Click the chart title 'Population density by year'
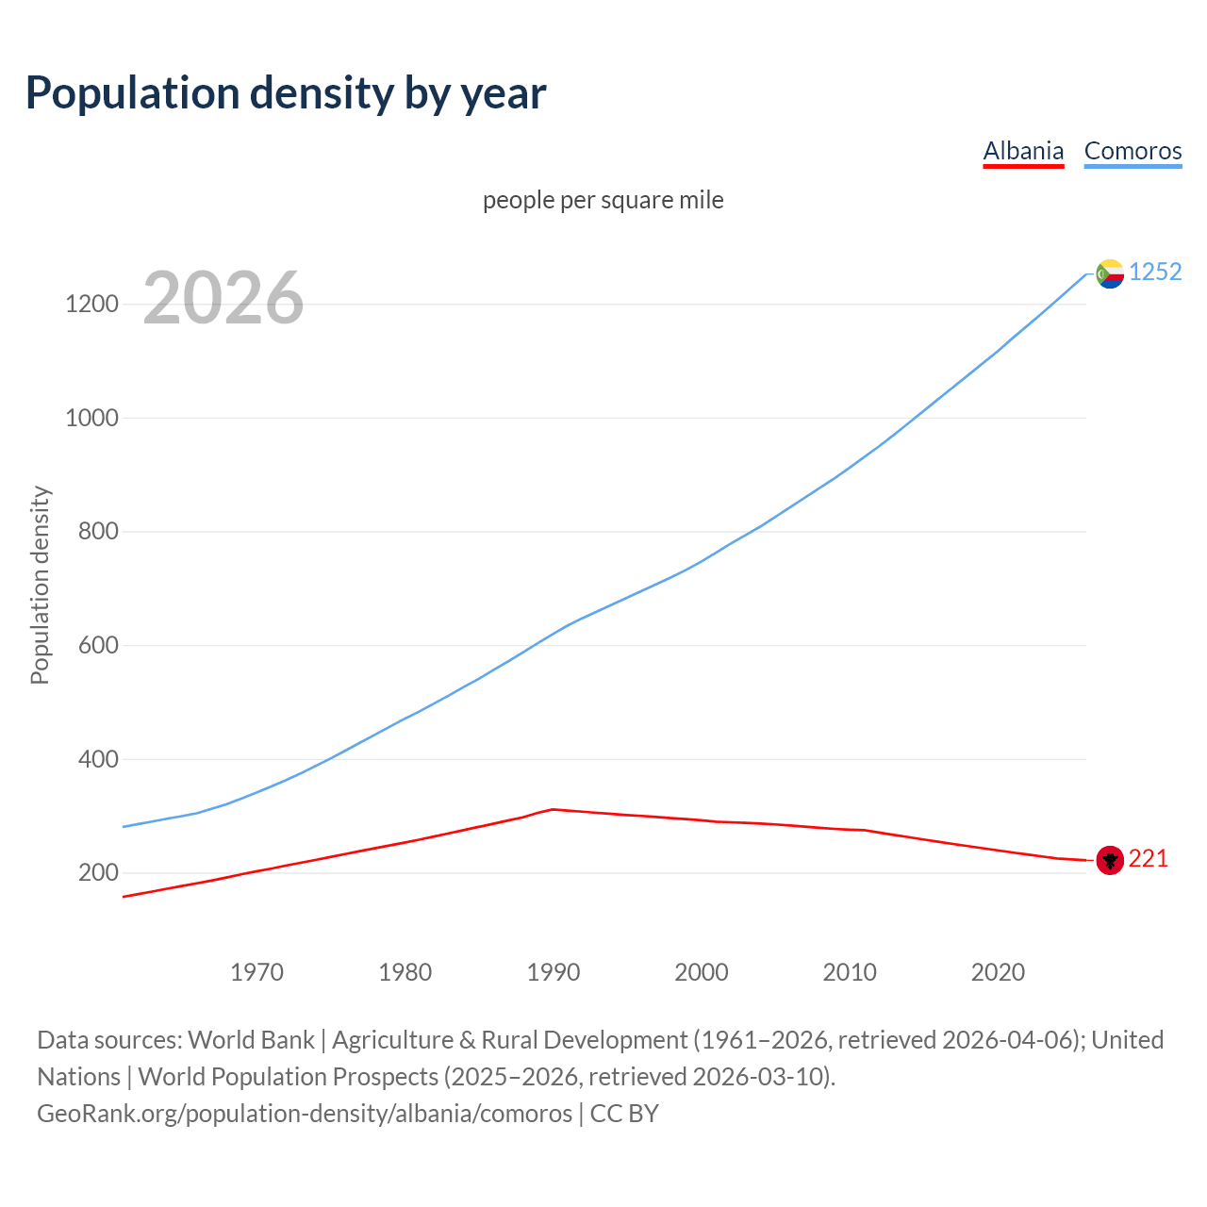tap(286, 93)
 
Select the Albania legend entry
tap(1023, 151)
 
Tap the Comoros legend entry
tap(1133, 151)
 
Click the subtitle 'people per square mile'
tap(603, 201)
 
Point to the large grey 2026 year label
tap(223, 298)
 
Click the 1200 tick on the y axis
tap(91, 304)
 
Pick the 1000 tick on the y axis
tap(91, 418)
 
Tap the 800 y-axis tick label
tap(98, 532)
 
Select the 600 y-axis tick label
tap(98, 646)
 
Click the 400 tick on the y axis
tap(98, 759)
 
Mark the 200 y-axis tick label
tap(98, 873)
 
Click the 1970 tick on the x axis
tap(256, 972)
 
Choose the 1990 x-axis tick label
tap(554, 972)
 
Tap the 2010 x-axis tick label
tap(850, 972)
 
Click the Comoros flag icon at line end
tap(1110, 273)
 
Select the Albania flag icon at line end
tap(1110, 860)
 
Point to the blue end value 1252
tap(1155, 273)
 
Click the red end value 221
tap(1148, 859)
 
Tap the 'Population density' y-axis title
tap(40, 585)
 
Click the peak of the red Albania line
tap(554, 809)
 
